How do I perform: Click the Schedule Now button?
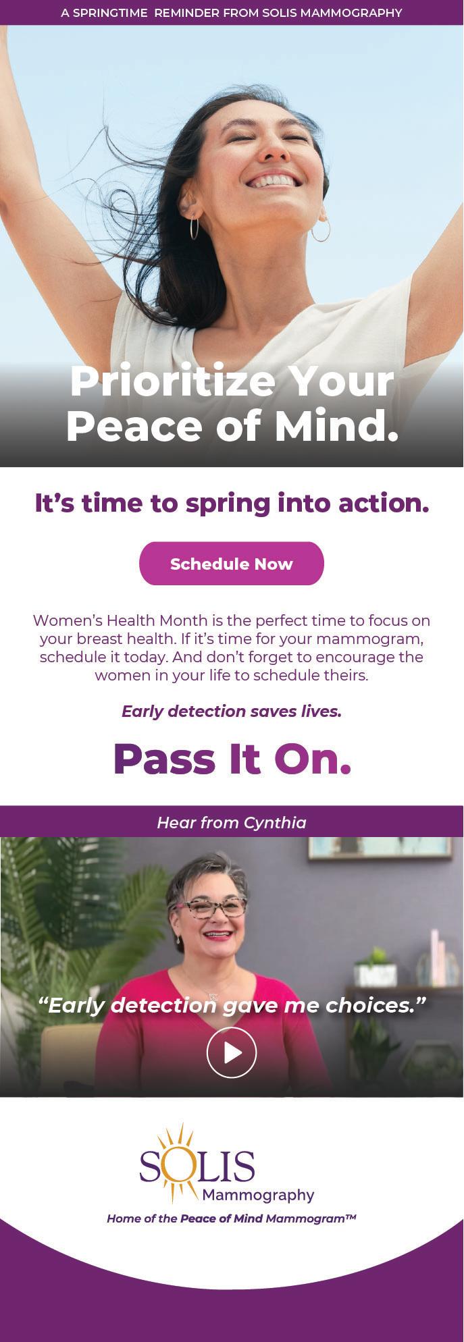click(232, 564)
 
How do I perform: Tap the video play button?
click(232, 1052)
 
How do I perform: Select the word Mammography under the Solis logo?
click(258, 1196)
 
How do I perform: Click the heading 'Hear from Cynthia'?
click(232, 822)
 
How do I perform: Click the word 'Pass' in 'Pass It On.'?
click(164, 759)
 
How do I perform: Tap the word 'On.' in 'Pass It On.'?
click(313, 759)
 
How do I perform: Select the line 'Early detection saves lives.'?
click(232, 712)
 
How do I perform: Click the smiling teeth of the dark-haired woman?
click(274, 181)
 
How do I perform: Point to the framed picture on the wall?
click(380, 848)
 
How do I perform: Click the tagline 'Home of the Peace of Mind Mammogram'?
click(232, 1218)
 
